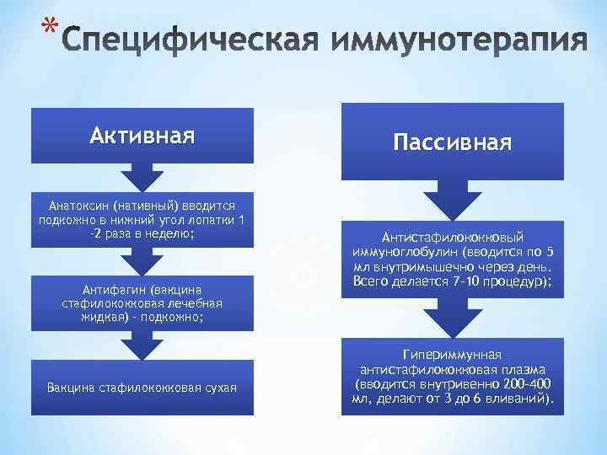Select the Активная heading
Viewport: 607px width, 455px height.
point(142,136)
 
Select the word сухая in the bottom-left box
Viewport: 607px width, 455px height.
point(218,387)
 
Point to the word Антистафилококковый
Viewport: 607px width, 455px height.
point(453,238)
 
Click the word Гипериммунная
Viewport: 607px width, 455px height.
point(452,355)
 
